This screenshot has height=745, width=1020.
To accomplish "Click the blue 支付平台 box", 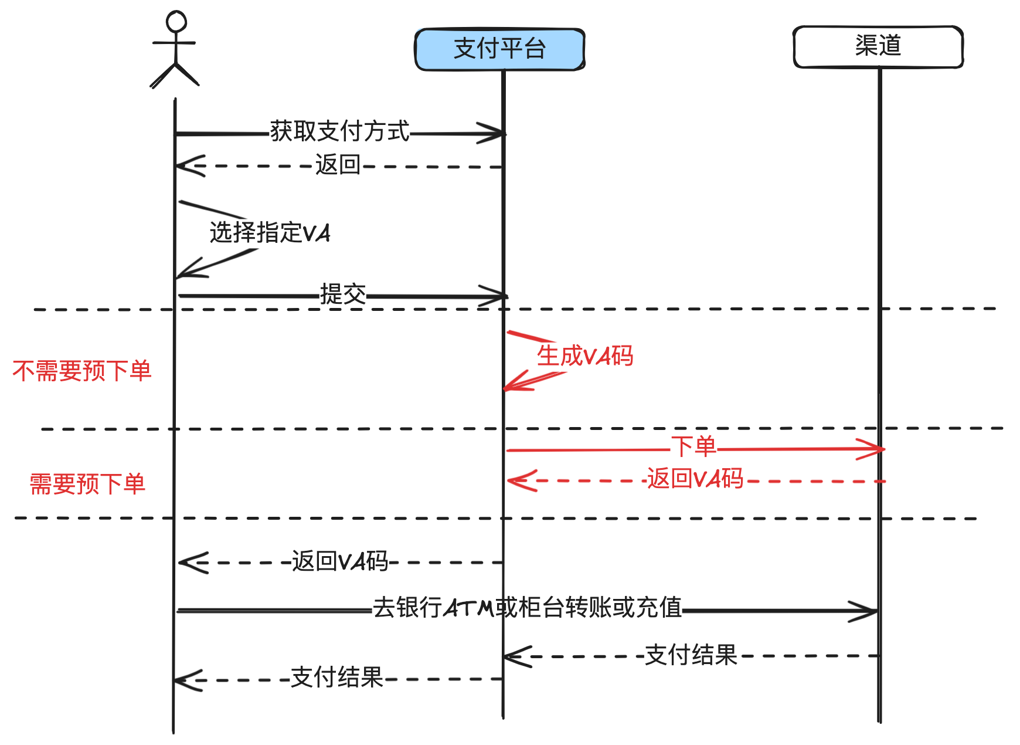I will pos(499,49).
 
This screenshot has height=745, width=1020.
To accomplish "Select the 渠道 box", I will pos(878,46).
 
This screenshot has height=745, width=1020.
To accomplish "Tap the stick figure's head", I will pos(176,22).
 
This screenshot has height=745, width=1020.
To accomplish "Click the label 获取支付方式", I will pos(339,131).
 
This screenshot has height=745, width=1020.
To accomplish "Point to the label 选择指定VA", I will pos(270,233).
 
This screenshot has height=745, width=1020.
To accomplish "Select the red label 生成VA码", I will pos(585,356).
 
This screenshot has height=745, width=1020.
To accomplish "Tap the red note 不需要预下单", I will pos(82,371).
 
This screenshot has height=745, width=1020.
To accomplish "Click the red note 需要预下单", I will pos(87,485).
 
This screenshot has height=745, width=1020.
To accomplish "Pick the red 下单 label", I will pos(693,447).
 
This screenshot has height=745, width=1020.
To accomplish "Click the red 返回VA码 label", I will pos(695,479).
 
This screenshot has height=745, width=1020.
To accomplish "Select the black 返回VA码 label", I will pos(340,561).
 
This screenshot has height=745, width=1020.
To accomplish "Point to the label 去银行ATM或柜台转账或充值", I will pos(527,608).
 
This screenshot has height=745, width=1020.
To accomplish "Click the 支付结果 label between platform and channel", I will pos(691,655).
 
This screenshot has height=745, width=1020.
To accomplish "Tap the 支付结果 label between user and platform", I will pos(337,678).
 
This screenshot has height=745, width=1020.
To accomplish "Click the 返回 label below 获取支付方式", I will pos(338,165).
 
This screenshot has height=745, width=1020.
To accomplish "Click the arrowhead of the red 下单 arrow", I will pos(876,449).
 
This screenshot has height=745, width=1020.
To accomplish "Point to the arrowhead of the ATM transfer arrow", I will pos(870,611).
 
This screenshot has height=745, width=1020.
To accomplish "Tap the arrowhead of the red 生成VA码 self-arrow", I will pos(510,386).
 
